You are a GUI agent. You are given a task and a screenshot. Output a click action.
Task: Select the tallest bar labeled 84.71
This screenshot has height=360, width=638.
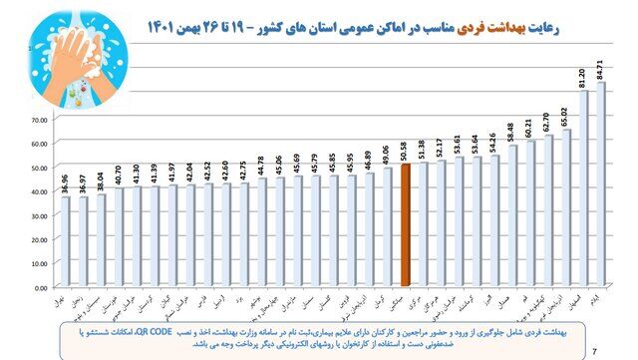click(601, 185)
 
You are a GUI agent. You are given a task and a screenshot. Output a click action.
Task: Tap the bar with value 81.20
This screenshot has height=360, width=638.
click(583, 189)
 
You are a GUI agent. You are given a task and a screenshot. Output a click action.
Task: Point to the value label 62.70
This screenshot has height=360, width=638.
click(548, 120)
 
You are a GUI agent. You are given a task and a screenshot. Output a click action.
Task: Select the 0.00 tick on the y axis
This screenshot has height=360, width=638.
click(41, 287)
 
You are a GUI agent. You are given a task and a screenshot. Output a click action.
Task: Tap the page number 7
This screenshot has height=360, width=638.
click(594, 349)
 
